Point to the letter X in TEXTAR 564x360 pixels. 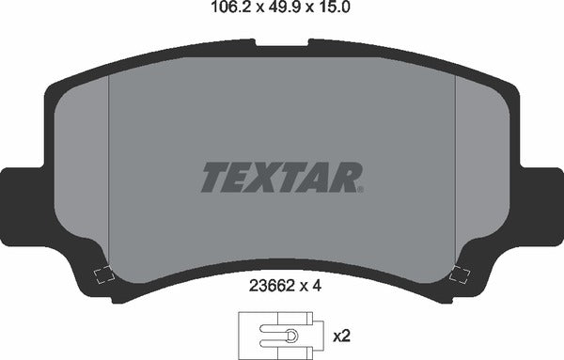[x=271, y=177]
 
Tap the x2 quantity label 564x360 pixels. [x=343, y=335]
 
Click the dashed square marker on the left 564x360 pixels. [x=103, y=275]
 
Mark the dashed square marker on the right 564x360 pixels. [x=461, y=274]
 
